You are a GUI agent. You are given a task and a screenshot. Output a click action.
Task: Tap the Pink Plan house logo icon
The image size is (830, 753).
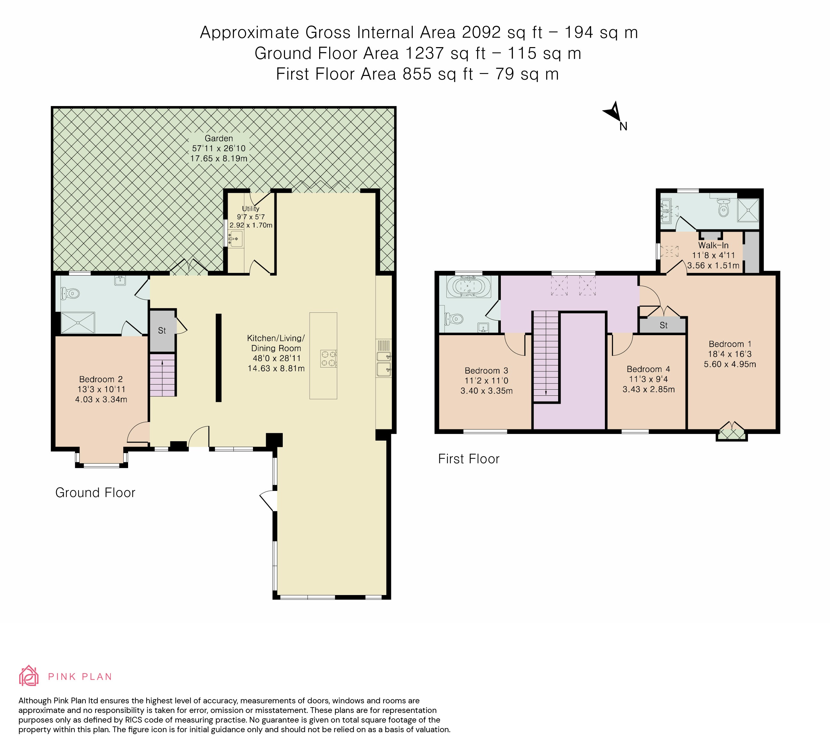point(29,675)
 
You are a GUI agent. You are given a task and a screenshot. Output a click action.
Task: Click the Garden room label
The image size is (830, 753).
point(219,138)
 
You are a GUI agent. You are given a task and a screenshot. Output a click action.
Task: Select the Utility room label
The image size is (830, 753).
point(250,209)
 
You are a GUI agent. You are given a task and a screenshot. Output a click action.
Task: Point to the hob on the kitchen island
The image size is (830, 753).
point(328,358)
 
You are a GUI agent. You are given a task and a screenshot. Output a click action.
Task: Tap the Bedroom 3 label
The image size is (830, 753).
point(486,371)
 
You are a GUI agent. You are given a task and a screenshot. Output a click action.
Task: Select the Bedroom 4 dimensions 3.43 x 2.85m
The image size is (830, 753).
point(648,389)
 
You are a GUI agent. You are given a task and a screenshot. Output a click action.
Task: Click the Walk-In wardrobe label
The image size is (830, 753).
point(713,245)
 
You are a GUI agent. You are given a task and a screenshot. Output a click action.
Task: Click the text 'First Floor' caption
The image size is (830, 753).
point(468,459)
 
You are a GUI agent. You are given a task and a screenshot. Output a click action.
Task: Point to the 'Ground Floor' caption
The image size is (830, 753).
point(95,493)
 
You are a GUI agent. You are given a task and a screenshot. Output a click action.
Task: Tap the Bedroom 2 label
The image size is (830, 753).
point(101,379)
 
